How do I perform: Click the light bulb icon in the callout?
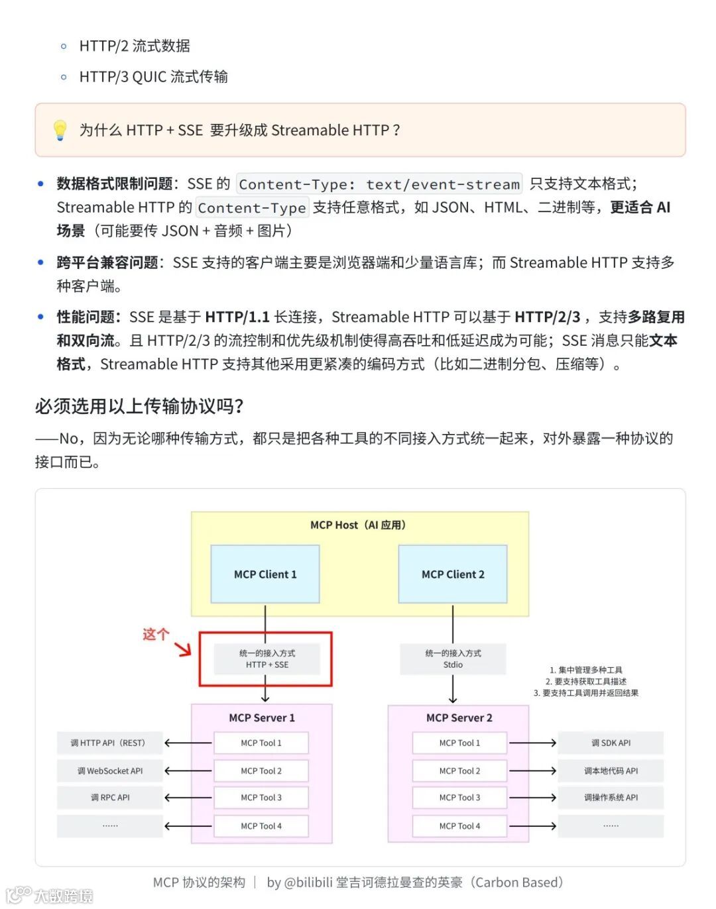(x=60, y=130)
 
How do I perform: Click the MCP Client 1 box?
(x=265, y=574)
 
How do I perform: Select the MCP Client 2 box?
(x=453, y=574)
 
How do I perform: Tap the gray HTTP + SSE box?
(x=267, y=659)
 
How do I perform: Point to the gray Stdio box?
(x=453, y=659)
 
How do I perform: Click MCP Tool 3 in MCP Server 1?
(x=261, y=798)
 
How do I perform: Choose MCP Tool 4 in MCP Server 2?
(x=459, y=826)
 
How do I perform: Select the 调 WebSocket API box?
(x=110, y=771)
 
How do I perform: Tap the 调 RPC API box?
(x=110, y=798)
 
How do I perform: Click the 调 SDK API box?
(x=611, y=743)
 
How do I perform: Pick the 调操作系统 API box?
(x=611, y=798)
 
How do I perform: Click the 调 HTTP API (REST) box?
(x=110, y=743)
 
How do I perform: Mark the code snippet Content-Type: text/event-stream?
(x=379, y=184)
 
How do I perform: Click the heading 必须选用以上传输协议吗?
(x=139, y=406)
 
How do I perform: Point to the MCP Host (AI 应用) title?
(x=358, y=525)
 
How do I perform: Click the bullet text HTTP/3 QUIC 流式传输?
(x=153, y=77)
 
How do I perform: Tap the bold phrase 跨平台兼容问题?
(x=107, y=263)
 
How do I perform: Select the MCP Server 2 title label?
(x=459, y=718)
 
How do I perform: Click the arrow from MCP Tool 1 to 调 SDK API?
(x=532, y=743)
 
